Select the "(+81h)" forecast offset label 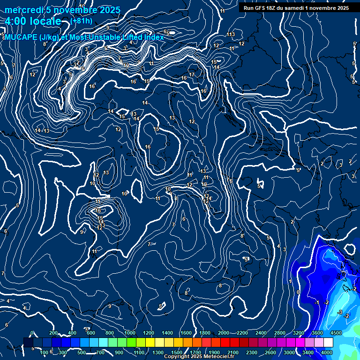click(81, 21)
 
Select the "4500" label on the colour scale click(336, 333)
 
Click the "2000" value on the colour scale click(224, 333)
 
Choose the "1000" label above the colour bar click(130, 333)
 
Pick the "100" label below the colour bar click(45, 352)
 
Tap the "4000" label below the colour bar click(327, 352)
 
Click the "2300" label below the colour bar click(252, 352)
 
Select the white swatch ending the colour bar click(328, 342)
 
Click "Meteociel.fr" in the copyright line click(225, 357)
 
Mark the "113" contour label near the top click(231, 35)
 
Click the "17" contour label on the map click(192, 75)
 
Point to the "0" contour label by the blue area click(298, 292)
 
